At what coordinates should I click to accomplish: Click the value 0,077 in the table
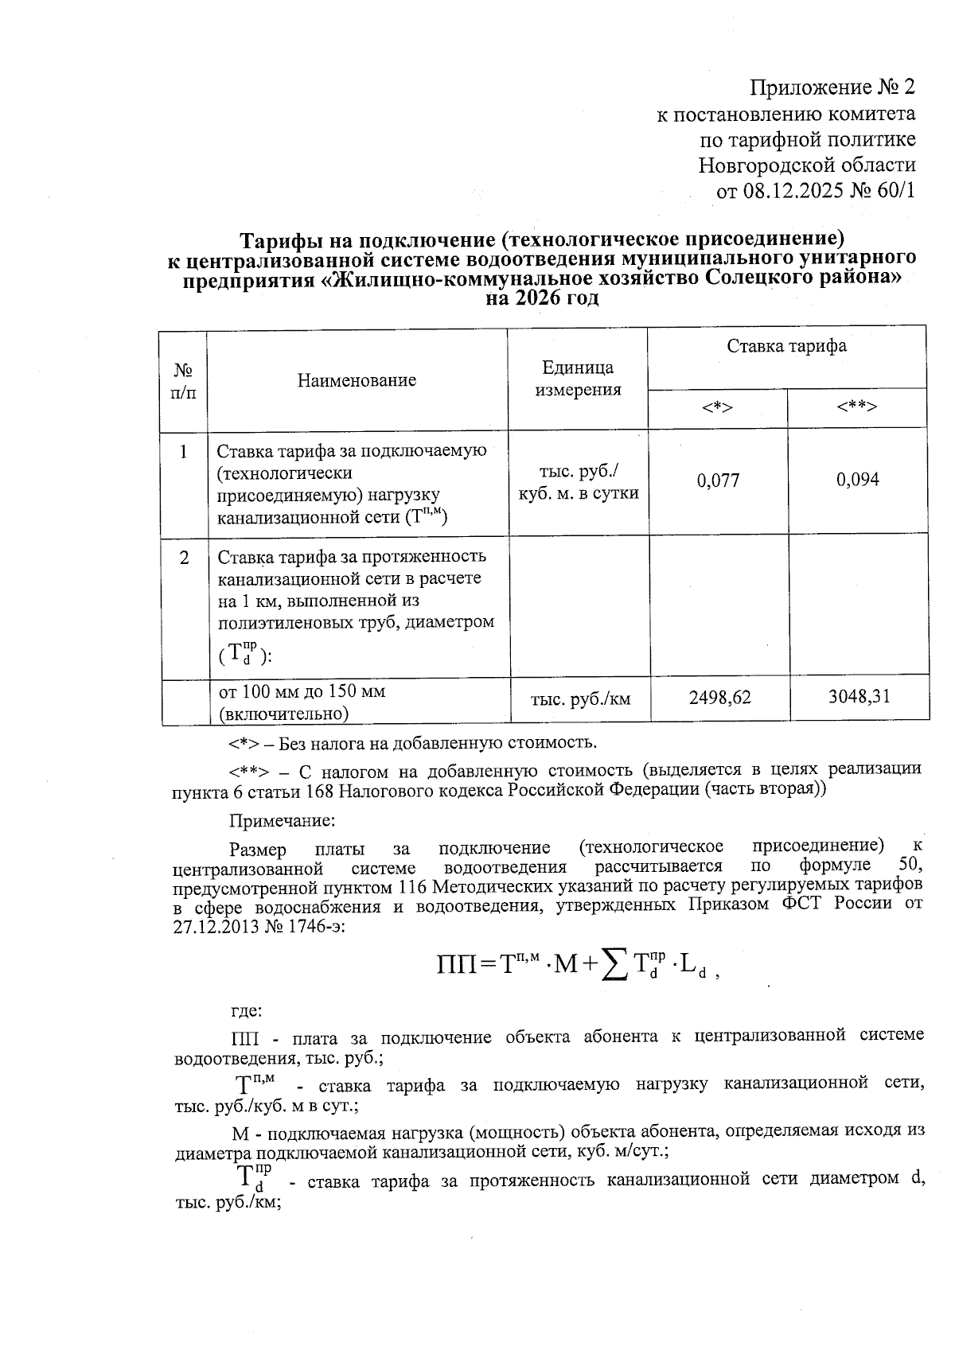718,480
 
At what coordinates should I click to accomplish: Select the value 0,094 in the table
857,480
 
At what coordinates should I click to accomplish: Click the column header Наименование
357,380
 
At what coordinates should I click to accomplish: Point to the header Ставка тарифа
786,346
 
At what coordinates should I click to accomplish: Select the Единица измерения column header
578,379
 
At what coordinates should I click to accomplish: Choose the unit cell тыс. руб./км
580,699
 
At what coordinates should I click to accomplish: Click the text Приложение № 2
832,87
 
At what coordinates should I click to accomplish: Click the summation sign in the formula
612,966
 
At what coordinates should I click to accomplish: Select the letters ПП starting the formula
455,967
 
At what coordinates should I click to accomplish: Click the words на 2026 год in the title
541,298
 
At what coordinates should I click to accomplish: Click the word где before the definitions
246,1011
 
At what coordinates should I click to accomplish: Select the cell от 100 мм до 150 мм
302,691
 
